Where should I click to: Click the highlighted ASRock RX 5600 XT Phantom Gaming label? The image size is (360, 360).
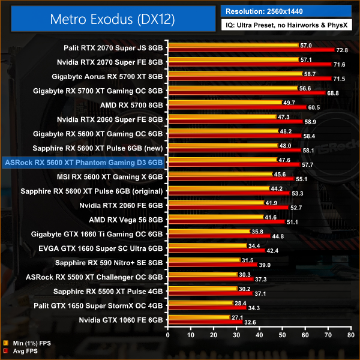[x=83, y=161]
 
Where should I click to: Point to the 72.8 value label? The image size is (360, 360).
[x=343, y=50]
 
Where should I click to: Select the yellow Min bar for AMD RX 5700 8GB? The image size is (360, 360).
[x=226, y=103]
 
